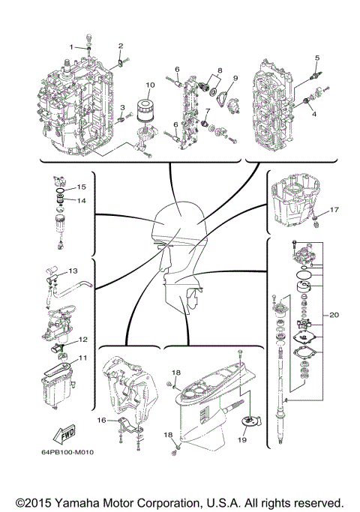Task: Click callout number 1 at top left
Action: coord(72,47)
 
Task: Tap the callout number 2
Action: coord(120,46)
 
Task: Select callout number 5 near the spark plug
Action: coord(317,58)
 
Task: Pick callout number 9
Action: coord(235,77)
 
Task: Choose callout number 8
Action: coord(219,70)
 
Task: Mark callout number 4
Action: coord(313,114)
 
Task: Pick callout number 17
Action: coord(334,210)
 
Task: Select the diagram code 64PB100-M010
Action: coord(68,453)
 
